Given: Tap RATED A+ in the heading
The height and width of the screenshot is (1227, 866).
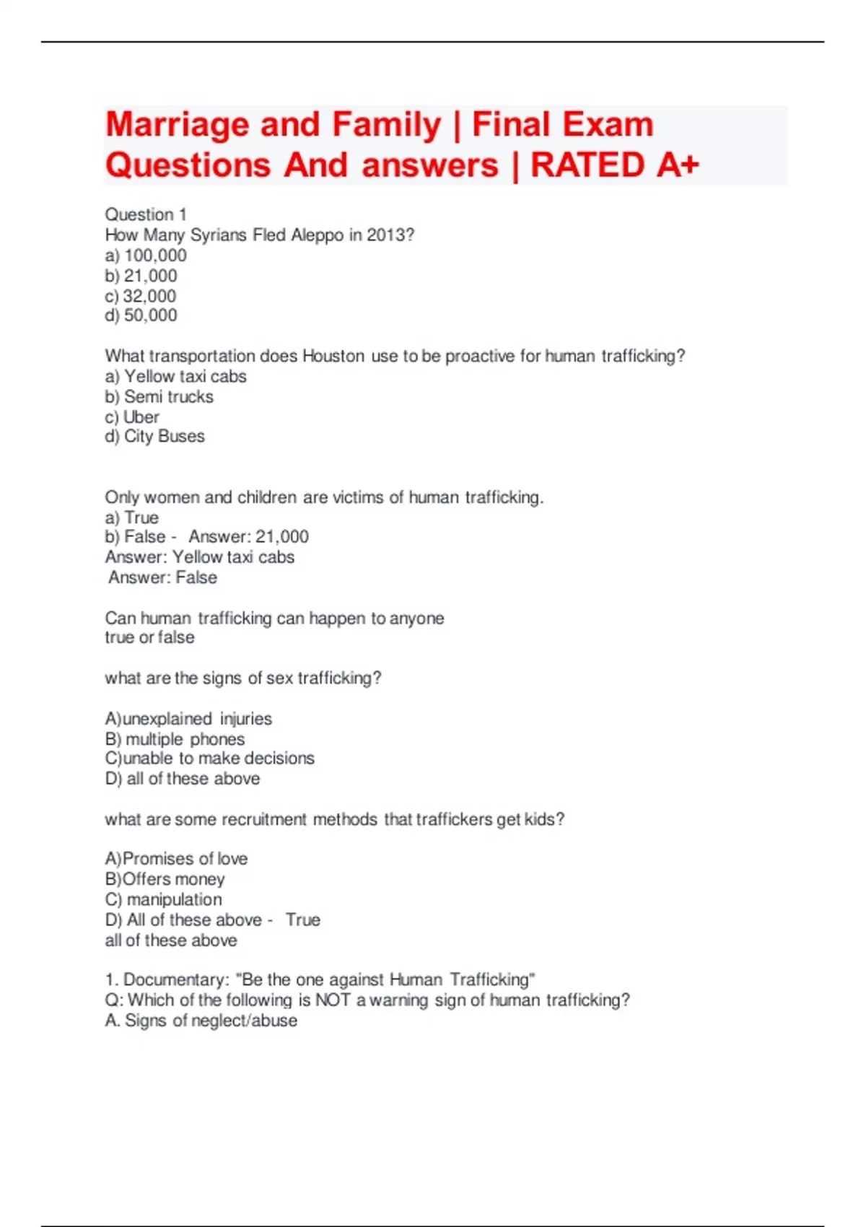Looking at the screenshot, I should point(615,165).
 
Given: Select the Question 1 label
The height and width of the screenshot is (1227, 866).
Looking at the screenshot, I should point(146,214).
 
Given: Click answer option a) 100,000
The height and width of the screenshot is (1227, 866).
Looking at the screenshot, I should point(146,256).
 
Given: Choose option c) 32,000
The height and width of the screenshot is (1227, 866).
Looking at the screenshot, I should point(141,296).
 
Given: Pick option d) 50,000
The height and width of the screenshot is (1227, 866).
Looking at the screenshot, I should point(141,315).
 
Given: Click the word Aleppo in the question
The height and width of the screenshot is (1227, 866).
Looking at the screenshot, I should point(318,235).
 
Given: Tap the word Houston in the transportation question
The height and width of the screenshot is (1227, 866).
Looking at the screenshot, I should point(333,356).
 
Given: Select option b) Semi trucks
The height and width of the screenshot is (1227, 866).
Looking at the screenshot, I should point(159,396).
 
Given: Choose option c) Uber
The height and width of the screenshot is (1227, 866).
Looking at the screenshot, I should point(132,417).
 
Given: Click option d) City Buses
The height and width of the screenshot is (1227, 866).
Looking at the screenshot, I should point(154,437).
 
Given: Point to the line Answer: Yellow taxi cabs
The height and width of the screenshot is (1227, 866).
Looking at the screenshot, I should point(200,557).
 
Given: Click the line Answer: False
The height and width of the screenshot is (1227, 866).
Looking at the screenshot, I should point(162,577).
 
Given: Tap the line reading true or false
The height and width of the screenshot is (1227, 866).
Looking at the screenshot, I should point(149,637).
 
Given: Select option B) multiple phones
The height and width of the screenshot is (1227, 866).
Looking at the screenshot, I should point(175,739).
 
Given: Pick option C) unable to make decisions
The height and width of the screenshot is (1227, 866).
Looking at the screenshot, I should point(209,759).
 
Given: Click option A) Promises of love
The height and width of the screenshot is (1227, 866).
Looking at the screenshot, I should point(176,859).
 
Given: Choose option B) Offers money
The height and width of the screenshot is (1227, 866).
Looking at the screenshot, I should point(165,879).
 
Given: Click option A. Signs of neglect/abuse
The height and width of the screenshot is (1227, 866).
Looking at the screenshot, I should point(201,1021).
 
